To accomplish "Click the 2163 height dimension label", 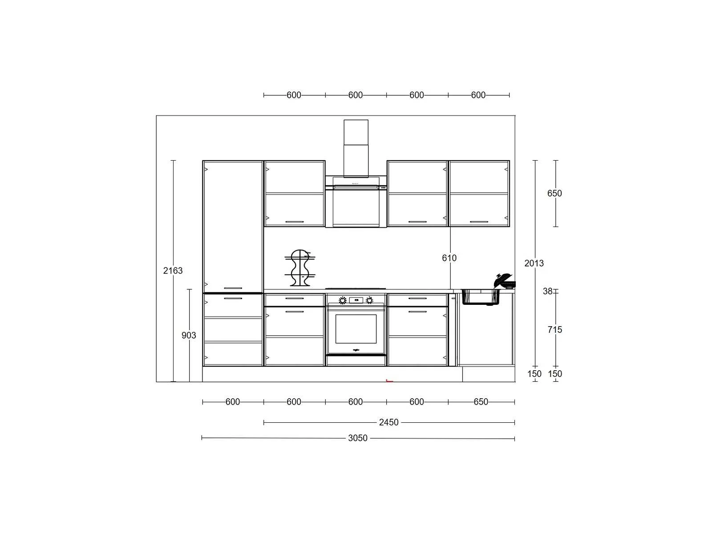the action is pos(173,271).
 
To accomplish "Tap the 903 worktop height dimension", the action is pos(189,335).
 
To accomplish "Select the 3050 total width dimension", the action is pos(357,438).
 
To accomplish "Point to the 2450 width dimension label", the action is pos(388,422).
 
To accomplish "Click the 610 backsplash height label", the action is pos(449,258).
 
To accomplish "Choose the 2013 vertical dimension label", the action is pos(534,263).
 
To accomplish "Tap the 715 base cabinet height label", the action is pos(554,330).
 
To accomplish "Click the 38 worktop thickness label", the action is pos(547,291).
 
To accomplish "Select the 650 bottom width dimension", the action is pos(481,402).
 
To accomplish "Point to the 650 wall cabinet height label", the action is pos(554,193).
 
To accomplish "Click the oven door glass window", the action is pos(356,329).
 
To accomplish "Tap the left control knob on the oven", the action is pos(343,300).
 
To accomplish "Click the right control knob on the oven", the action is pos(369,300).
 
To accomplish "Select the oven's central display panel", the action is pos(356,300).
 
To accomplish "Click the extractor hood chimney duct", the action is pos(356,149).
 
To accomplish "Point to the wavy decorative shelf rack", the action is pos(300,268).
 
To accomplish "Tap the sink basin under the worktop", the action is pos(481,297).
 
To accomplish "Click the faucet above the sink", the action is pos(504,281).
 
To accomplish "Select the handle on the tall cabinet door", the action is pos(233,288).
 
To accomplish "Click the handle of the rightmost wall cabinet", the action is pos(479,222).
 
